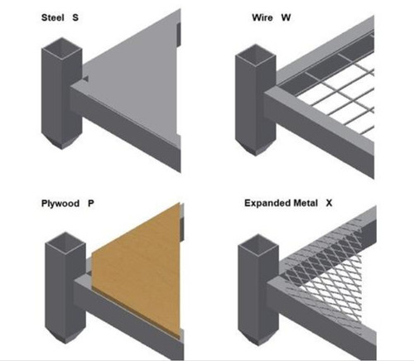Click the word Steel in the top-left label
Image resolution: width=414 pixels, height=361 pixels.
tap(51, 17)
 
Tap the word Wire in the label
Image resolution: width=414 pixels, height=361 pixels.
tap(262, 17)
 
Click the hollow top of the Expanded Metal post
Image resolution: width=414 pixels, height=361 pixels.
tap(253, 241)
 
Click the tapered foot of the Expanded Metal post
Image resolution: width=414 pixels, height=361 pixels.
tap(253, 333)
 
